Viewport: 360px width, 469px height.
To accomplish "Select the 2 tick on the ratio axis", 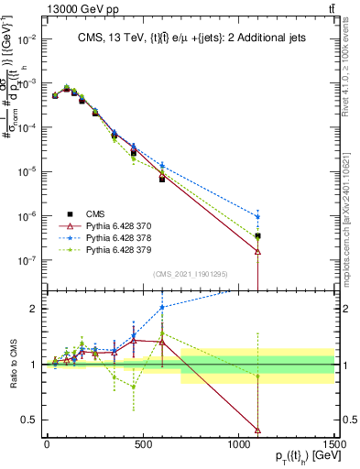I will coord(35,309).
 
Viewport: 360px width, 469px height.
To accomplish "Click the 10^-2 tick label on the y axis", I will coord(27,39).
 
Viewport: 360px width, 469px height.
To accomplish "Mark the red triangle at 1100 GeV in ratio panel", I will coord(258,430).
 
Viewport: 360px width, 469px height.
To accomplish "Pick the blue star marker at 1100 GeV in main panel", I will coord(258,217).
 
